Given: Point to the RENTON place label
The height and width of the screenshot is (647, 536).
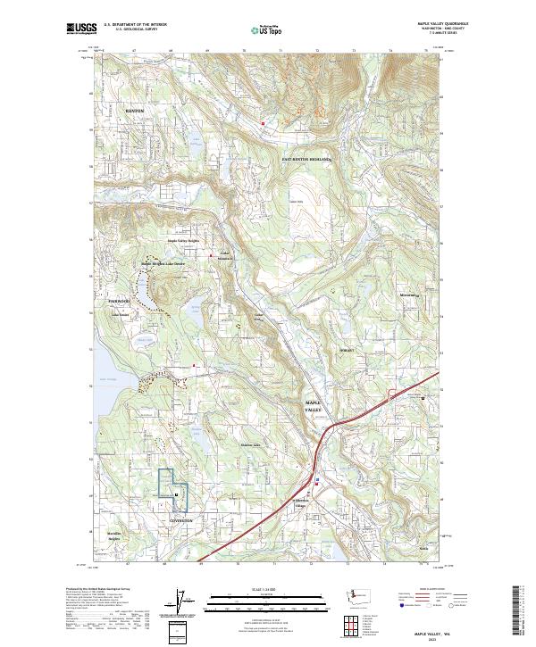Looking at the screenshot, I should (x=134, y=111).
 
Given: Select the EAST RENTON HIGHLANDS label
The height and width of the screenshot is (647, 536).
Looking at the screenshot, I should (x=306, y=159).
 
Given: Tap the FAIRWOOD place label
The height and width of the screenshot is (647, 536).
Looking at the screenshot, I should (x=120, y=302).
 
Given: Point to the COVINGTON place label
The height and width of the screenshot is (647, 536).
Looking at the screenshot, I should (x=180, y=519).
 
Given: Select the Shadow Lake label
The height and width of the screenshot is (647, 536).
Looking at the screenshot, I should (x=249, y=445).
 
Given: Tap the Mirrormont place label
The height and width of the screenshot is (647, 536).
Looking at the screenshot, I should (x=409, y=294).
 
